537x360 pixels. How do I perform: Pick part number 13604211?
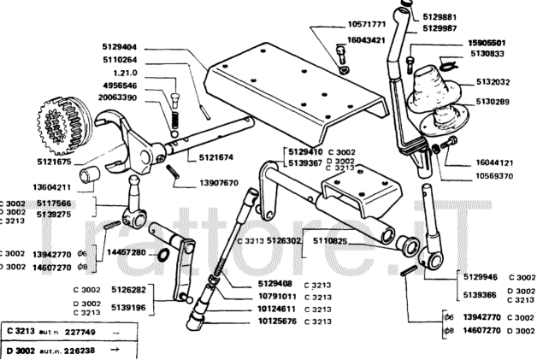pos(51,186)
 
